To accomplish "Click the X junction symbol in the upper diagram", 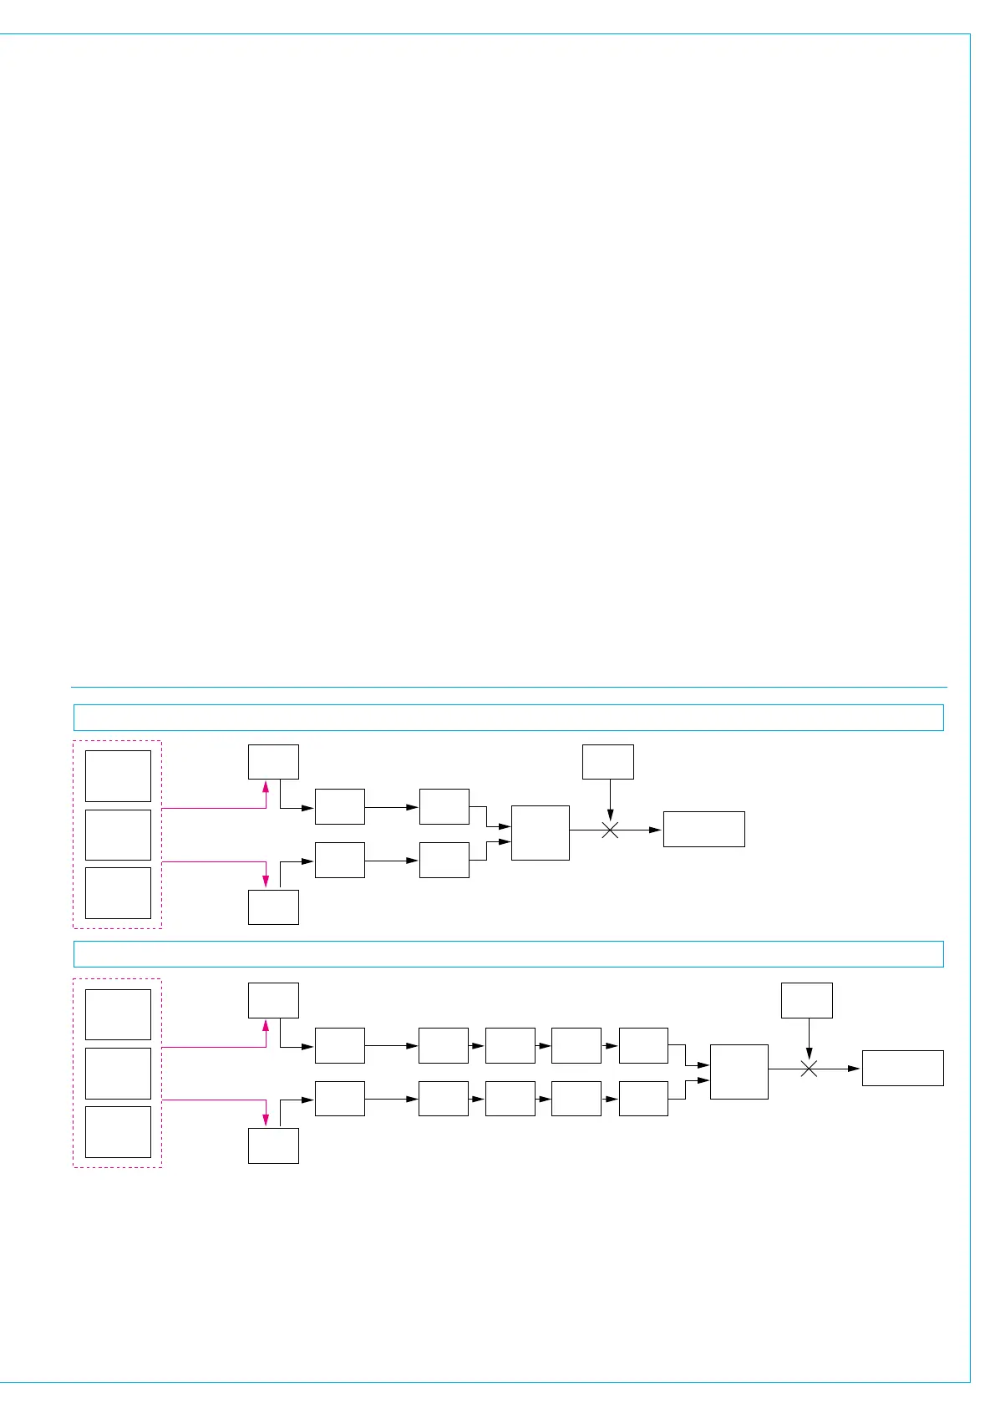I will (x=611, y=830).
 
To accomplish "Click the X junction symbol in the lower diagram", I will (x=809, y=1069).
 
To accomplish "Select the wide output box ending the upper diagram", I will (x=703, y=829).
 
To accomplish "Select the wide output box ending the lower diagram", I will (x=902, y=1068).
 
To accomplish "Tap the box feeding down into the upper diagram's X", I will (x=607, y=762).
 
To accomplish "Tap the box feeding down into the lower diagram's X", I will (x=806, y=1000).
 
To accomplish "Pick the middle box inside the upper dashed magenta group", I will (x=118, y=835).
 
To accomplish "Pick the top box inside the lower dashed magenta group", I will (x=118, y=1014).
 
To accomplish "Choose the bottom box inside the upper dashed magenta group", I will (x=118, y=893).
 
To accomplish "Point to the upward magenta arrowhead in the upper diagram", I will (x=266, y=786).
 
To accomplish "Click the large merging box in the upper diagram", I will (x=540, y=833).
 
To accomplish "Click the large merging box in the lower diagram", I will (x=739, y=1071).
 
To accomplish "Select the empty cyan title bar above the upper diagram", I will (x=508, y=718).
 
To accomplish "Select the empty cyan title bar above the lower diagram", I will (x=508, y=954).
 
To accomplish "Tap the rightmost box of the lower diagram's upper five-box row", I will (x=643, y=1045).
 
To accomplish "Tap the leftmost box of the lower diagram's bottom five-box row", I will (x=339, y=1099).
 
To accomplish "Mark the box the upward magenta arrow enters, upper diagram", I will (x=273, y=762).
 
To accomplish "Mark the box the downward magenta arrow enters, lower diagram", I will (x=273, y=1145).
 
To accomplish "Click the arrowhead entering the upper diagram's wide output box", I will (x=656, y=830).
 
